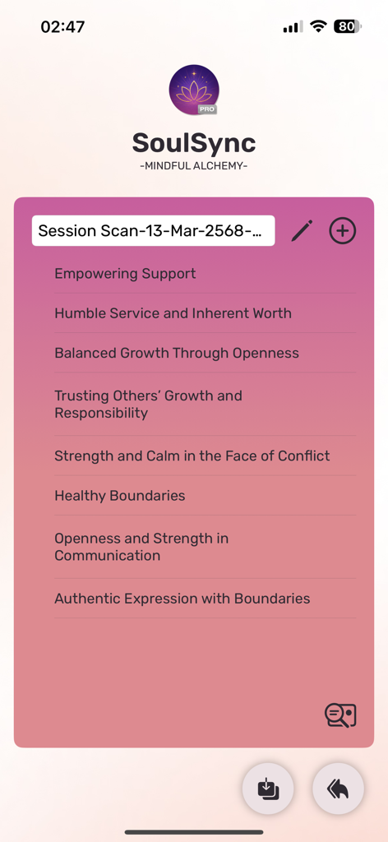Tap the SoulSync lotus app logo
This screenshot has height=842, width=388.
pos(194,90)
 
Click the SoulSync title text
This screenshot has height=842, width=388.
pos(194,143)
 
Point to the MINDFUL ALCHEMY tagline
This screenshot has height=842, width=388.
pos(194,166)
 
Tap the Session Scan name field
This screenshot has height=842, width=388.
pos(154,231)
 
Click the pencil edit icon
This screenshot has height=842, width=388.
pos(302,231)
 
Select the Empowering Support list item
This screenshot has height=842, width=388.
pos(125,274)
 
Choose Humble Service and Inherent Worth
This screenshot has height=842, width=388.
pos(173,313)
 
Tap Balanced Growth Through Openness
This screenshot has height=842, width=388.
pos(177,354)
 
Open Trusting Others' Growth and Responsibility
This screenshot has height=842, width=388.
pos(148,405)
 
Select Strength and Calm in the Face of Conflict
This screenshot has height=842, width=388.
pos(192,456)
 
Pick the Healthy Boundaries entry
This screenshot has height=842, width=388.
pos(120,496)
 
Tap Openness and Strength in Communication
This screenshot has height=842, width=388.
pos(141,547)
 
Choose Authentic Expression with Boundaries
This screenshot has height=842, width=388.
pos(182,599)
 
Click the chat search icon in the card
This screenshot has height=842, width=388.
pos(340,715)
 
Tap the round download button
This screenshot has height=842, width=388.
pos(267,789)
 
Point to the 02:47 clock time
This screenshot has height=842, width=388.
pos(62,26)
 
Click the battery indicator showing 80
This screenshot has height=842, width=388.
pos(348,26)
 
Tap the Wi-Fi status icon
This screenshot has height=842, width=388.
pos(318,26)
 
